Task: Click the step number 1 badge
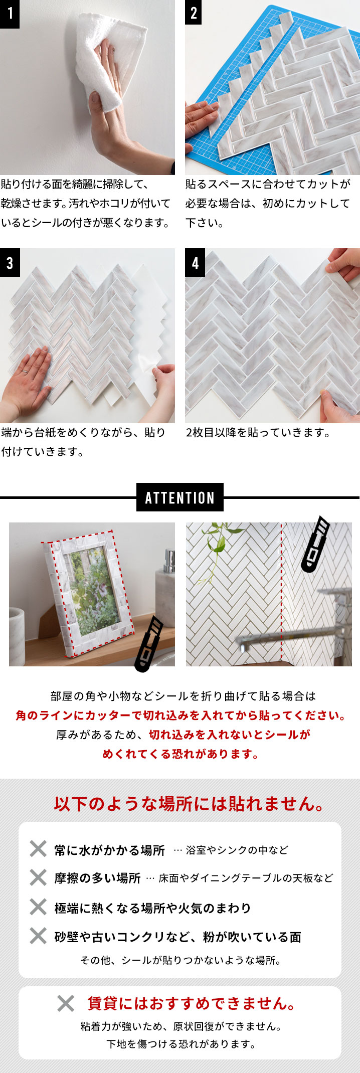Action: click(10, 14)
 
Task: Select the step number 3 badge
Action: click(10, 262)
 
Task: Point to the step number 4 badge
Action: click(195, 262)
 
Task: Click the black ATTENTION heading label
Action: click(179, 497)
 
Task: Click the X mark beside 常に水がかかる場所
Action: click(38, 849)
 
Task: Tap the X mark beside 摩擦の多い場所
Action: click(38, 877)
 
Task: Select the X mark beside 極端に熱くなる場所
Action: click(38, 907)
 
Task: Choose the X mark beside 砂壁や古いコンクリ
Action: click(38, 936)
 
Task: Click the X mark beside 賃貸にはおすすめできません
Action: click(66, 1003)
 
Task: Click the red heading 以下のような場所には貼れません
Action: click(189, 804)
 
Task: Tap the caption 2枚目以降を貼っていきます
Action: click(258, 432)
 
